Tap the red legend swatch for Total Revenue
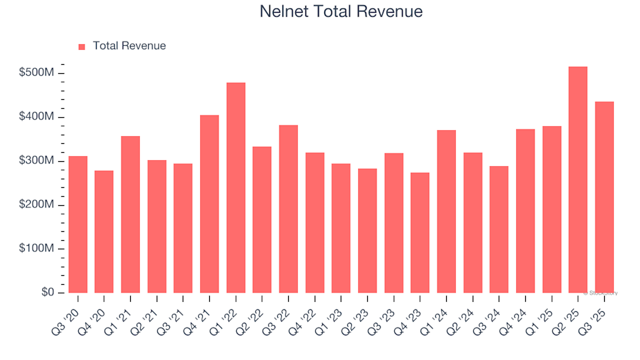point(82,47)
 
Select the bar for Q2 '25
point(578,180)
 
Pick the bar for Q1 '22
point(236,188)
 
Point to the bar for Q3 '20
point(78,225)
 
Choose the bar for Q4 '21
point(209,204)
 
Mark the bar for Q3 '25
point(604,197)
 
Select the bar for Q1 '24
point(446,211)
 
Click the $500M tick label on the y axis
point(37,73)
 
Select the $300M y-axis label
point(37,161)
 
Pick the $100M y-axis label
point(37,249)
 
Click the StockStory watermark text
point(601,293)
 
